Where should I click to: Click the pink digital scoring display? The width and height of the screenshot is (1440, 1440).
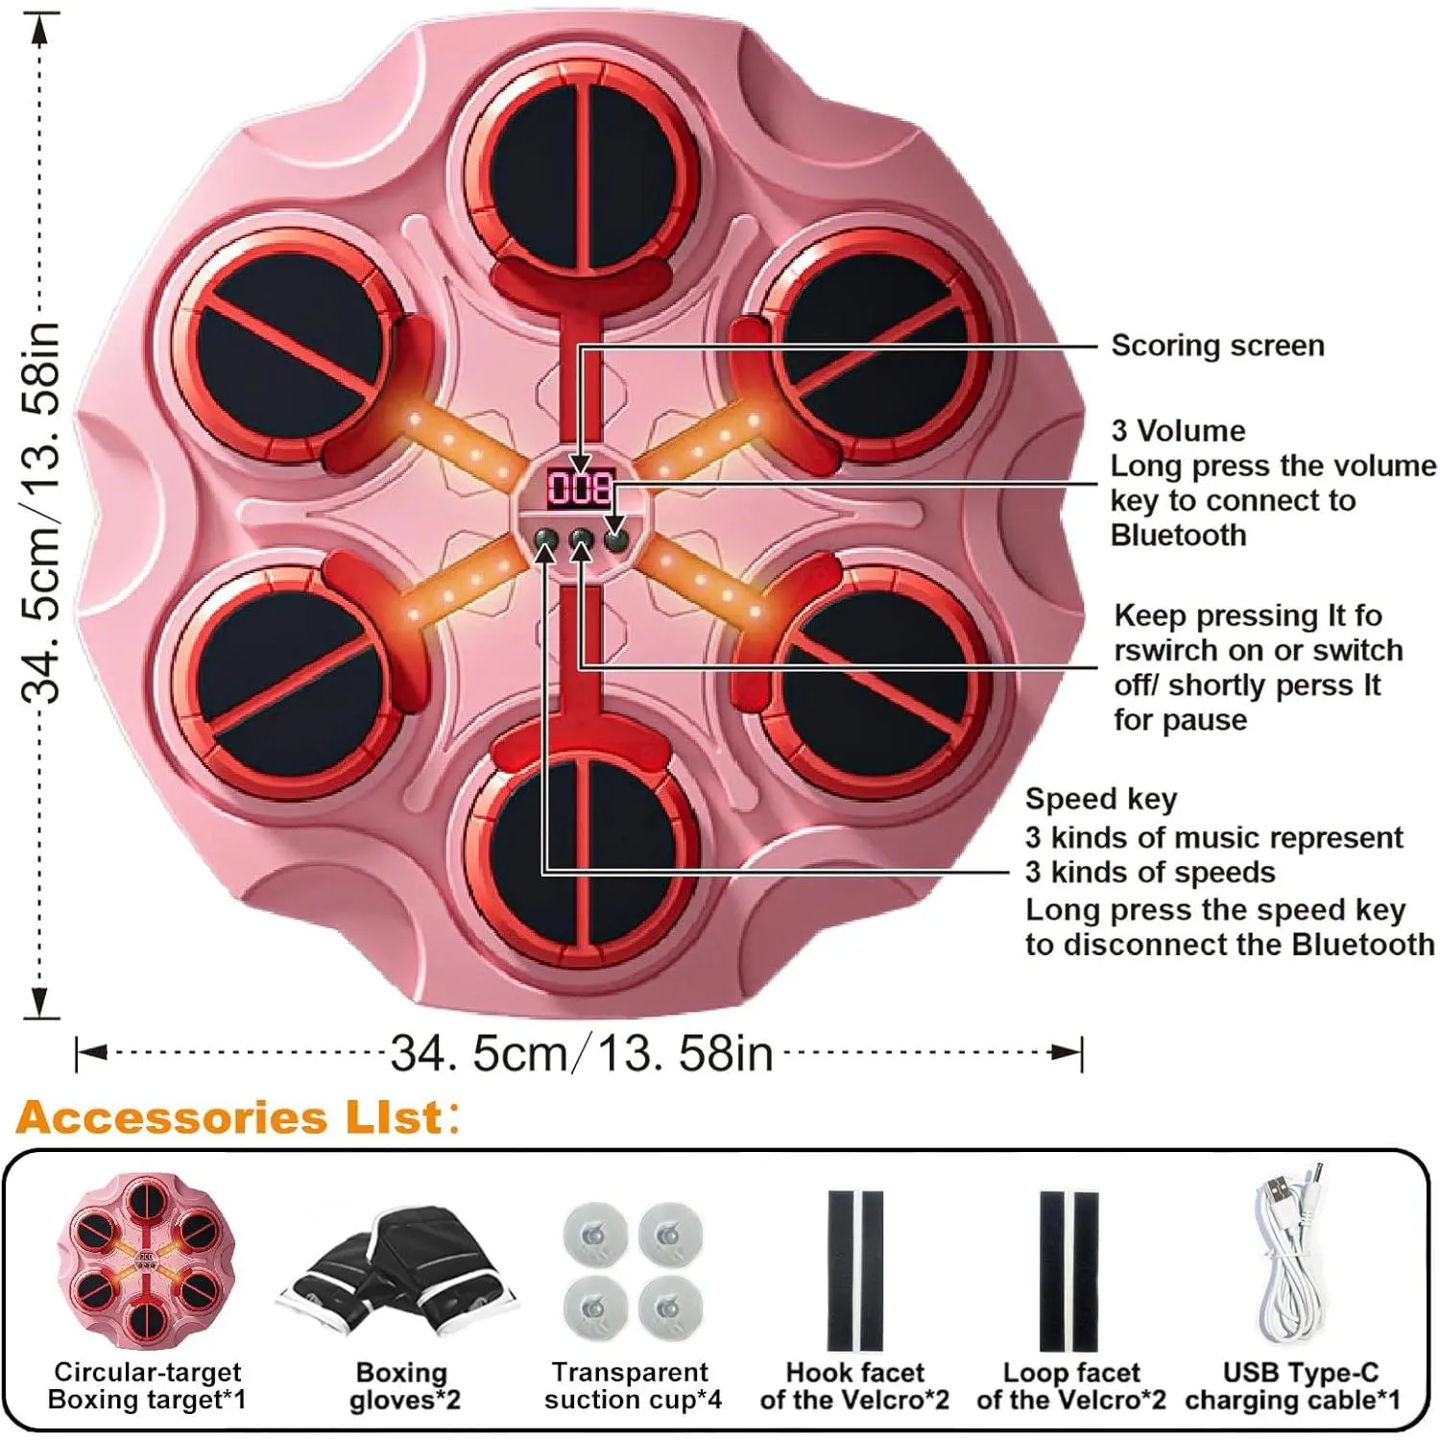point(580,488)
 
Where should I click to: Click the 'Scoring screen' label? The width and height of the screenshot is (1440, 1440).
point(1217,346)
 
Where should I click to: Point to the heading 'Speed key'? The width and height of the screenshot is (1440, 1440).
point(1100,799)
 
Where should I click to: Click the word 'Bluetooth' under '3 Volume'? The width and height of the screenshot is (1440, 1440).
point(1178,535)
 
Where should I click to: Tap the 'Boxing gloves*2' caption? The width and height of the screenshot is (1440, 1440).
point(403,1386)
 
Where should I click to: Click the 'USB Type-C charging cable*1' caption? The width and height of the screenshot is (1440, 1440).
point(1292,1386)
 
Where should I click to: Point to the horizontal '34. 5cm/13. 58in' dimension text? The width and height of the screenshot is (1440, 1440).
point(582,1054)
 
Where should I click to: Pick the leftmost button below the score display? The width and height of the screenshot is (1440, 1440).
point(545,540)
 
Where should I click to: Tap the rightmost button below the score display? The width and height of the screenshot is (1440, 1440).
point(616,540)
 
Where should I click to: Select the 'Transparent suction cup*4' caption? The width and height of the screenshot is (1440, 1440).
point(632,1386)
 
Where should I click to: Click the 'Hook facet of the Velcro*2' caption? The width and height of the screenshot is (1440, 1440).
point(853,1386)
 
